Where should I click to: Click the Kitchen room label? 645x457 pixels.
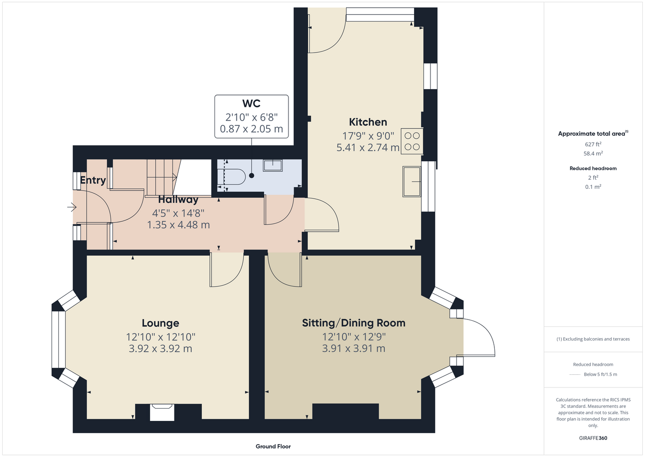coord(368,122)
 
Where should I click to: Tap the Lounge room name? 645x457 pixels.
coord(160,323)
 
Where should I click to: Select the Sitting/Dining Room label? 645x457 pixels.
coord(354,323)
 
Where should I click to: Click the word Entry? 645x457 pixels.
coord(93,180)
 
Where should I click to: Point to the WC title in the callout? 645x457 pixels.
coord(252,103)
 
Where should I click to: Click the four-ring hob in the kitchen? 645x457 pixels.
coord(412,141)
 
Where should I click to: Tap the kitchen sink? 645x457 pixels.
coord(412,181)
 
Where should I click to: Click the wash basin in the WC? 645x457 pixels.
coord(273,165)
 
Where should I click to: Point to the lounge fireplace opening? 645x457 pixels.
coord(162,412)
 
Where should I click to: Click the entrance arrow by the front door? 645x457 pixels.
coord(72,207)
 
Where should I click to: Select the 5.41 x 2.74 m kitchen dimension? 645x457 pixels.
coord(368,148)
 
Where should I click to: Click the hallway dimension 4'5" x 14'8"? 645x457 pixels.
coord(178,213)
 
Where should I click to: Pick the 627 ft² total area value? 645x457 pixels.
coord(593,144)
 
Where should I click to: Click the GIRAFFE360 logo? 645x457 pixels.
coord(593,438)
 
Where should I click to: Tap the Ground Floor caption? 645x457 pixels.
coord(273,446)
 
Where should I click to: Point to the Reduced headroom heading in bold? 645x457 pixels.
coord(593,168)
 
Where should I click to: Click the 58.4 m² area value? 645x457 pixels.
coord(593,154)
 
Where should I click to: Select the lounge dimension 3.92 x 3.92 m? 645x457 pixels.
coord(160,349)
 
